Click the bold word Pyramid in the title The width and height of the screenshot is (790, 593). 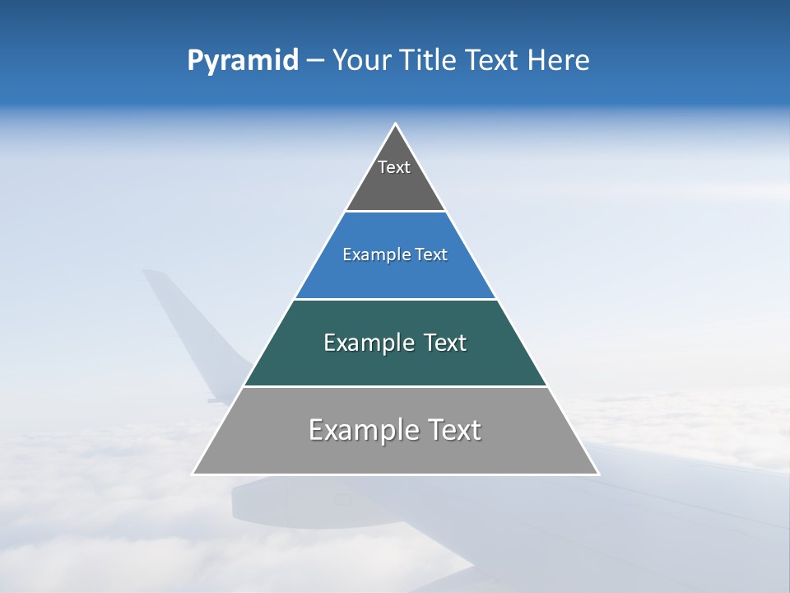pos(242,61)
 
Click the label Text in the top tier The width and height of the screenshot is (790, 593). pos(394,167)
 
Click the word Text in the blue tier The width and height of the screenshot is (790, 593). pos(432,255)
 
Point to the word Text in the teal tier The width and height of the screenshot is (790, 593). pos(444,343)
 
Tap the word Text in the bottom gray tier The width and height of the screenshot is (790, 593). pos(454,430)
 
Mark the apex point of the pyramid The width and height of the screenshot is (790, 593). pos(395,124)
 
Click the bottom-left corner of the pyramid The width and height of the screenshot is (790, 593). pos(193,474)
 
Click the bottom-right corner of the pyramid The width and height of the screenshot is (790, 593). pos(597,474)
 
